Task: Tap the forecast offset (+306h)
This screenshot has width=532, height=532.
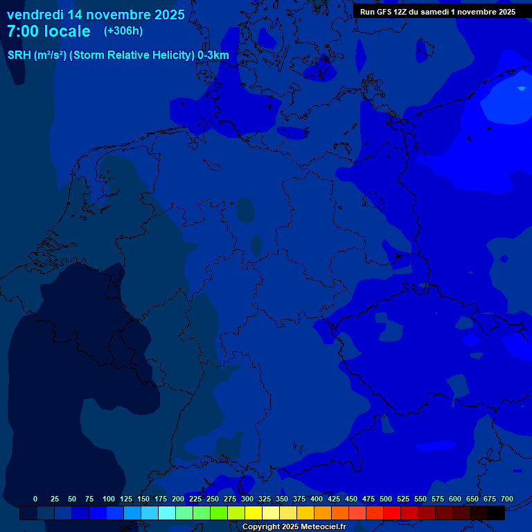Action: (123, 31)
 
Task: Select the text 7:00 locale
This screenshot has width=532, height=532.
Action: (48, 31)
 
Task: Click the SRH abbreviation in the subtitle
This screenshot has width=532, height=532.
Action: (19, 55)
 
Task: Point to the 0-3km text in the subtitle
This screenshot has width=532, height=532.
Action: (213, 55)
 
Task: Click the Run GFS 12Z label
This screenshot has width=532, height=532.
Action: (385, 12)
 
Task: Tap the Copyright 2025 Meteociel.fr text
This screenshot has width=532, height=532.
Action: (294, 527)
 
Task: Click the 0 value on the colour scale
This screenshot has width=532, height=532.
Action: (35, 499)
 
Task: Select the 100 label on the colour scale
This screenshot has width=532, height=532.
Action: (109, 499)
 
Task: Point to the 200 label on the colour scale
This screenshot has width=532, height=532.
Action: (178, 499)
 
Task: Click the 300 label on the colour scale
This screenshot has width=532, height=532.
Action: (247, 499)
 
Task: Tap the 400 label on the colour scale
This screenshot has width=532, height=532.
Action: (317, 499)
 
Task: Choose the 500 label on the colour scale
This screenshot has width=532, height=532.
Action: (386, 499)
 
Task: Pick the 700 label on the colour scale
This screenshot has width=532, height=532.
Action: (507, 499)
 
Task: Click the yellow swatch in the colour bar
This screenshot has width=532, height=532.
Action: (254, 513)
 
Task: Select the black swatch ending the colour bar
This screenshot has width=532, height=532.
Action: (496, 513)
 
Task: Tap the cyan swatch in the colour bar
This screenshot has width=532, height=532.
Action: (167, 513)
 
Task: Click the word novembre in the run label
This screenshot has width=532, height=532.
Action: (473, 12)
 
